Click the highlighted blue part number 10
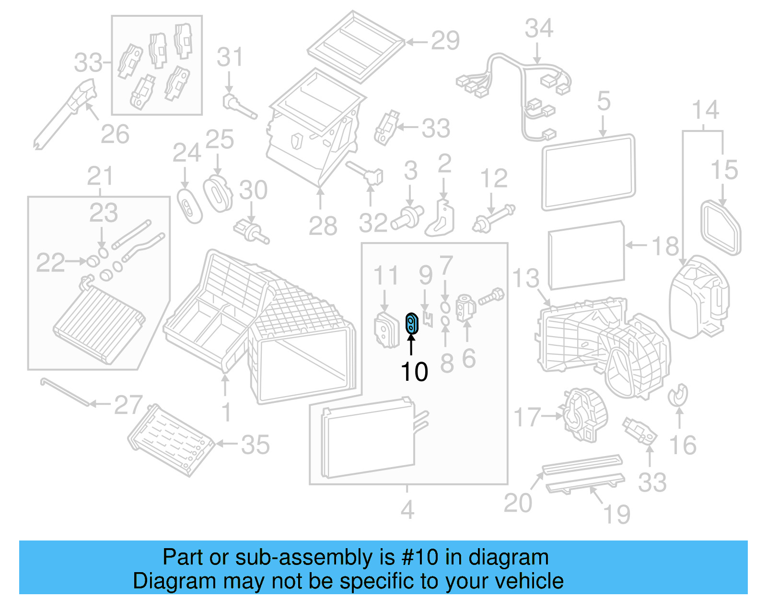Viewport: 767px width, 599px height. [x=412, y=323]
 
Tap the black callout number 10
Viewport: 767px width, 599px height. [x=414, y=372]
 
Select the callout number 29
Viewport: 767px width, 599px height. [x=445, y=41]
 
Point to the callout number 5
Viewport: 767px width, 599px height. [x=604, y=102]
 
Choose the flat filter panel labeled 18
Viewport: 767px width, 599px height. [x=586, y=255]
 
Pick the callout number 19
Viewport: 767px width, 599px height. [x=617, y=515]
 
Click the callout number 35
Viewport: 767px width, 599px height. [x=256, y=445]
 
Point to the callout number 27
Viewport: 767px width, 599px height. [x=128, y=405]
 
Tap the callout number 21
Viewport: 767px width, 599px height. [x=100, y=176]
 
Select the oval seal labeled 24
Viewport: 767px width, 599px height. [x=189, y=207]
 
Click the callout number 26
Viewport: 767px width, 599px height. [x=115, y=134]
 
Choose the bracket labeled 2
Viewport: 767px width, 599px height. [x=441, y=218]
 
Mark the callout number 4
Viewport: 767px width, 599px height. [x=407, y=509]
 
